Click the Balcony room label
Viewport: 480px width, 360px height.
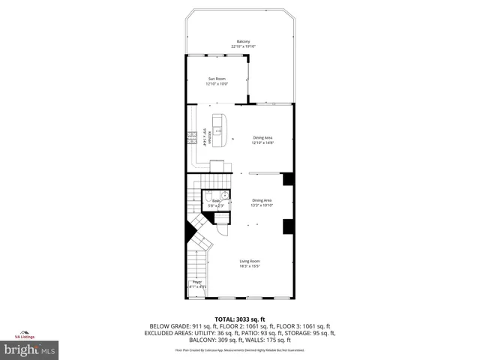pyautogui.click(x=243, y=41)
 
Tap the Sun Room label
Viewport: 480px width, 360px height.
pyautogui.click(x=216, y=79)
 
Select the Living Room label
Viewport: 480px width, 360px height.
pyautogui.click(x=250, y=260)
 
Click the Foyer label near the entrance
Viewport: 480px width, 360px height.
pyautogui.click(x=197, y=282)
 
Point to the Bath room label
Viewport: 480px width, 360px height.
pyautogui.click(x=215, y=201)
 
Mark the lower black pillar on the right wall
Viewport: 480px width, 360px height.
pyautogui.click(x=288, y=226)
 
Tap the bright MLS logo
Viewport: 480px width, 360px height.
pyautogui.click(x=30, y=349)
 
